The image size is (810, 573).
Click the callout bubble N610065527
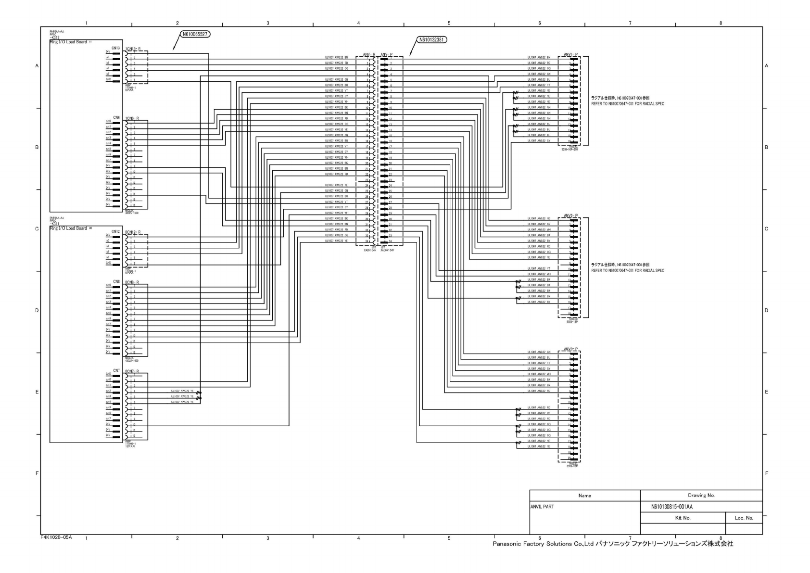point(195,34)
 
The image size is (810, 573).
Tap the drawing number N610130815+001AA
point(671,507)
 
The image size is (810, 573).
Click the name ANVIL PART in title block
point(542,507)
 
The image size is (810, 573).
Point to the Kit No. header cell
point(683,518)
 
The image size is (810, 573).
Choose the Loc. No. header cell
point(744,518)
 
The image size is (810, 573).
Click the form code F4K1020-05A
point(56,537)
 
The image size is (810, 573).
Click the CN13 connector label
point(115,48)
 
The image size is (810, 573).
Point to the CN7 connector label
point(115,370)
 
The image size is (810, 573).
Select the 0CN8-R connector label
point(132,282)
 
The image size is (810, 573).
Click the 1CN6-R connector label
point(132,118)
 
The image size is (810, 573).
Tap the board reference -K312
point(54,38)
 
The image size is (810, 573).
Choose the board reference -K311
point(54,224)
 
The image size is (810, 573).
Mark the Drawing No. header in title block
point(701,495)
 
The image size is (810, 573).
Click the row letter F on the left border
point(37,473)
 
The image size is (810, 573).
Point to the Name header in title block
point(584,495)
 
